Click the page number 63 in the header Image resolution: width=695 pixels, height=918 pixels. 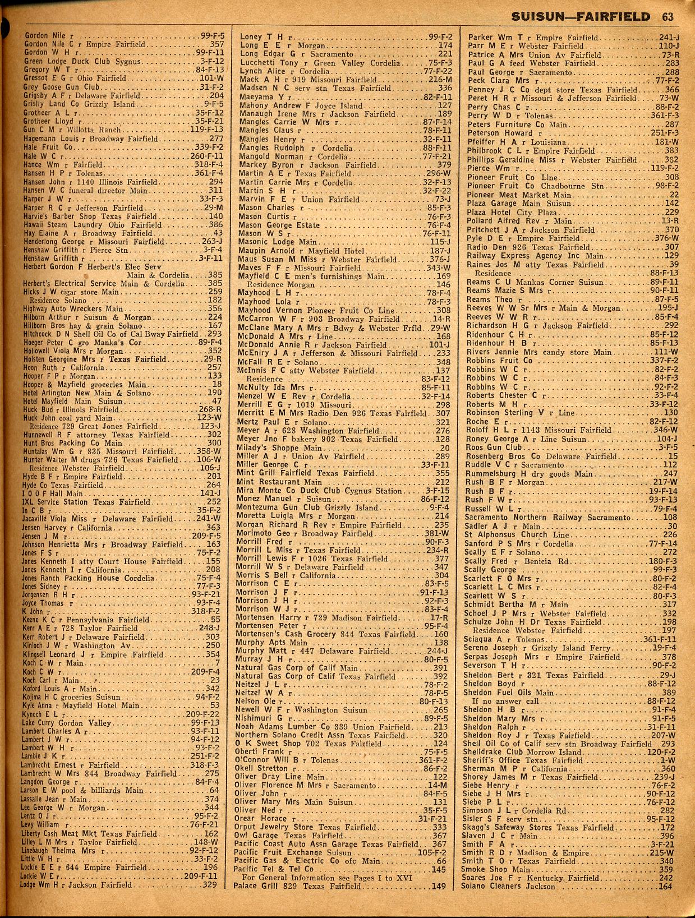click(667, 17)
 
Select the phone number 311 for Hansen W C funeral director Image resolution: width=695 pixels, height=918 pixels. click(215, 191)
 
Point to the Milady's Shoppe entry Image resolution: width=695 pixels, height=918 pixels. click(280, 448)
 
